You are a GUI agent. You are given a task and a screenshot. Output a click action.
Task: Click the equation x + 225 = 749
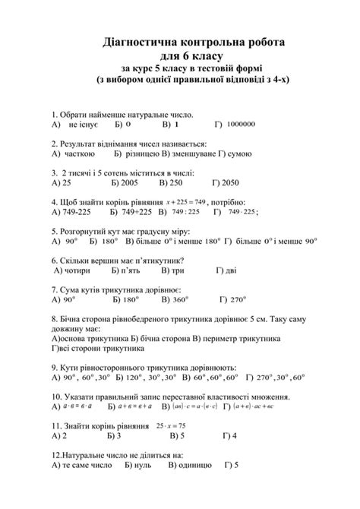(x=185, y=202)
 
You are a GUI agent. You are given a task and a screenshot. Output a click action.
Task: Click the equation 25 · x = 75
(x=172, y=426)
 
